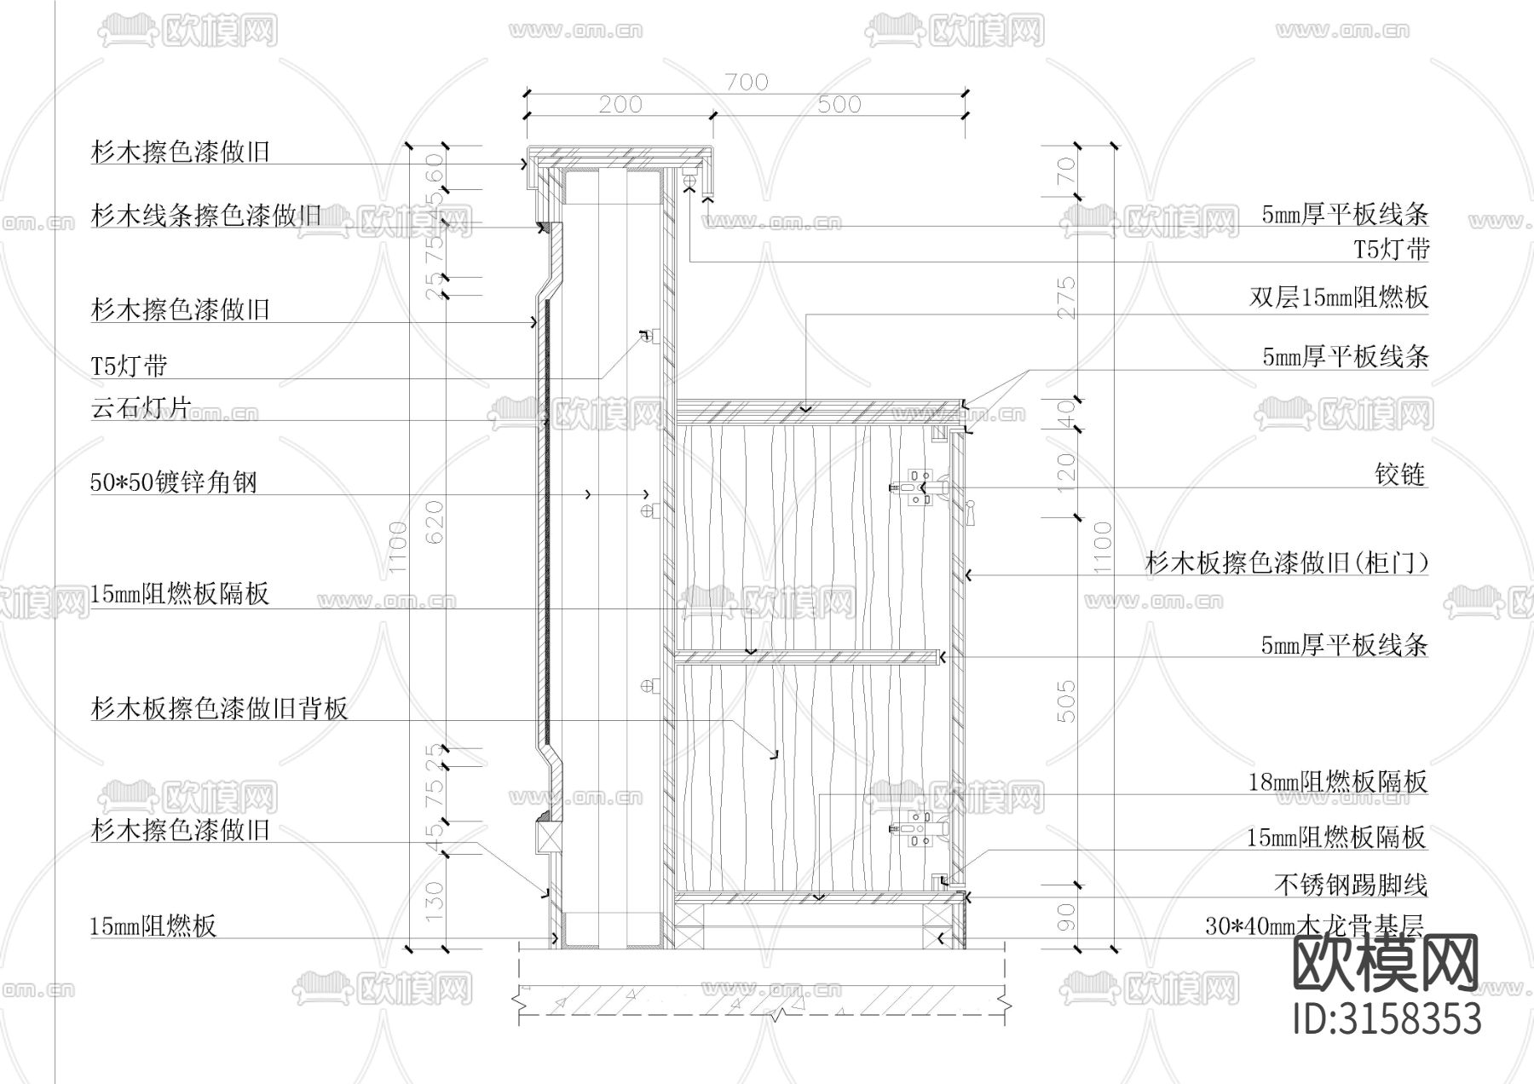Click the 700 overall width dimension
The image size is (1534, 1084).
pos(747,82)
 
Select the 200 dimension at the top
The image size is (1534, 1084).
pos(620,105)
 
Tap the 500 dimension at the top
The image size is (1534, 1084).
pos(839,105)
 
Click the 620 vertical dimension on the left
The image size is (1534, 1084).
pos(434,522)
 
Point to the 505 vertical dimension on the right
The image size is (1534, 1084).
pos(1066,701)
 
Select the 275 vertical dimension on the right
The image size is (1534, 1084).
pos(1066,297)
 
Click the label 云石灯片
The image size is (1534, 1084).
pos(141,407)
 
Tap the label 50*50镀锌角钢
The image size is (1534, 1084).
pos(174,482)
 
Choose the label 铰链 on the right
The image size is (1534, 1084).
pos(1400,474)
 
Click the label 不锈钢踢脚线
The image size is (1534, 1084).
pos(1350,885)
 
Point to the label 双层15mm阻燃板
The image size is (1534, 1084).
pos(1338,297)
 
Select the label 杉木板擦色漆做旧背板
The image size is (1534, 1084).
pos(219,708)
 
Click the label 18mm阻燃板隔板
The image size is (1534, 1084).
pos(1337,781)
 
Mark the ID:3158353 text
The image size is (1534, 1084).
pos(1387,1019)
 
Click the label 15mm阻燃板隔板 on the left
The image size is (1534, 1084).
pos(180,593)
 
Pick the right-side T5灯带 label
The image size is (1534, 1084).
pos(1392,250)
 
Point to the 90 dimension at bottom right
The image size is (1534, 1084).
pos(1066,918)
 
